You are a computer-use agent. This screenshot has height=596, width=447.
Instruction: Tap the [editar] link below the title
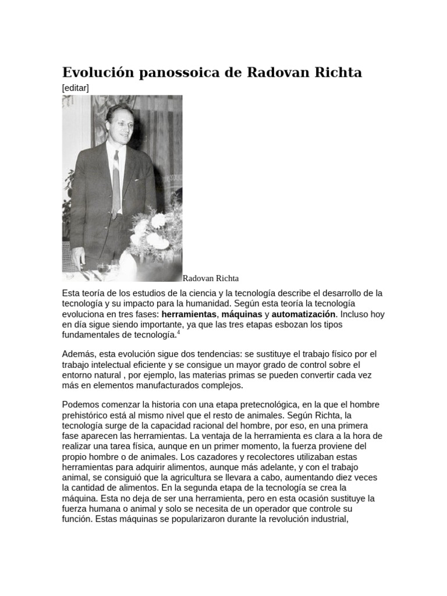coord(75,87)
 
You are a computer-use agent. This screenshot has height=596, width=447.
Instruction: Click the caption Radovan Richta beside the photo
coord(211,278)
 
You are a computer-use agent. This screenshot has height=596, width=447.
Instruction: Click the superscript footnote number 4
coord(178,333)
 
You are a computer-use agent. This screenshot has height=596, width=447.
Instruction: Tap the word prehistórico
coord(87,415)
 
